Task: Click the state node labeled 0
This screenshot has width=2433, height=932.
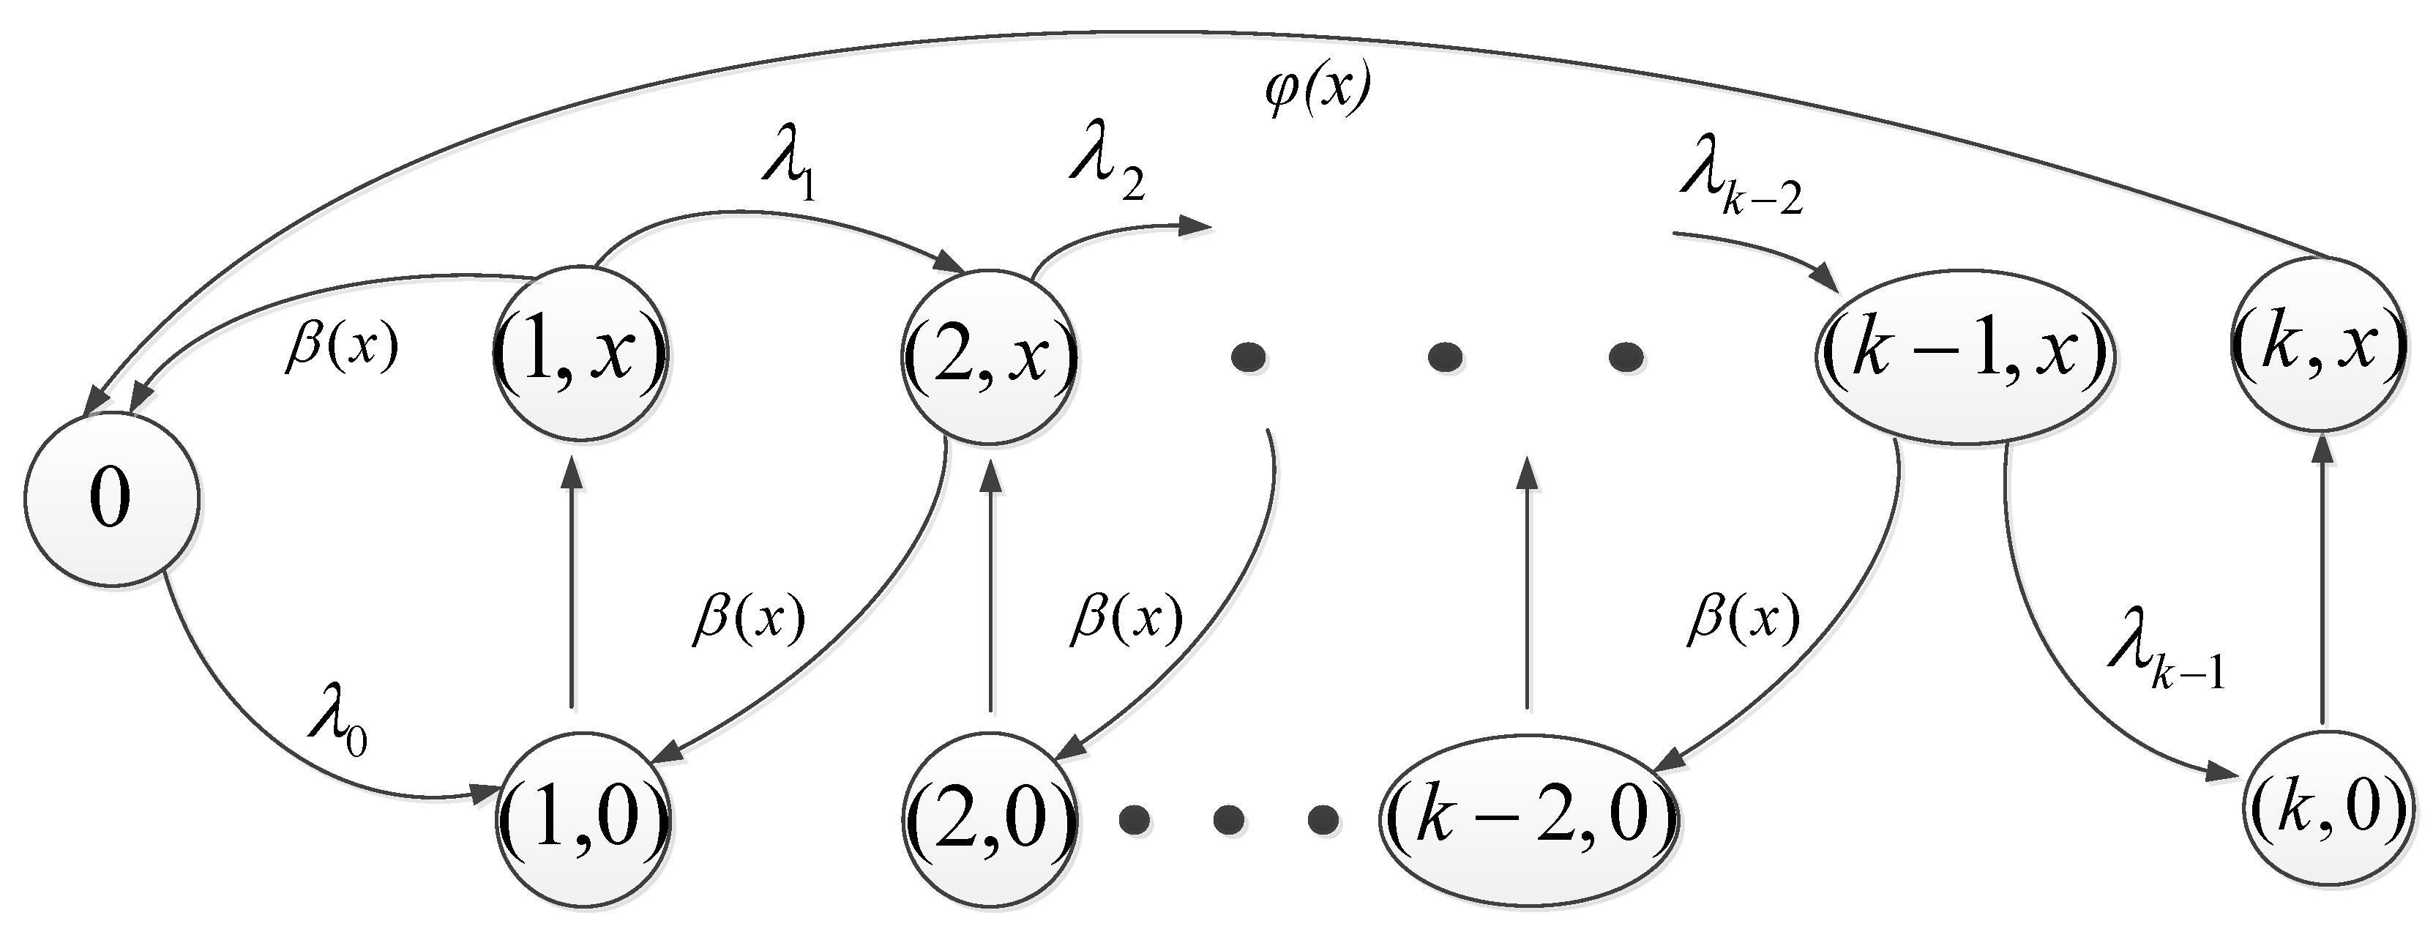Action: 111,499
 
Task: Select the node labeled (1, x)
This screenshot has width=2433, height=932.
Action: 580,353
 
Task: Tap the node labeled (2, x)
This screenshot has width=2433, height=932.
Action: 990,357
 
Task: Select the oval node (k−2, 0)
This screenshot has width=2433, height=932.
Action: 1528,816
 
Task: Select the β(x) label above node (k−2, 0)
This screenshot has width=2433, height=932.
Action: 1743,620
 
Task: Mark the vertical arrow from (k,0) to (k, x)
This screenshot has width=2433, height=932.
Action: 2322,581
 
